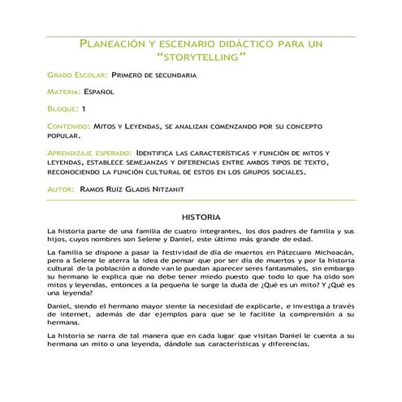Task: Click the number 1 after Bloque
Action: pyautogui.click(x=84, y=109)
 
